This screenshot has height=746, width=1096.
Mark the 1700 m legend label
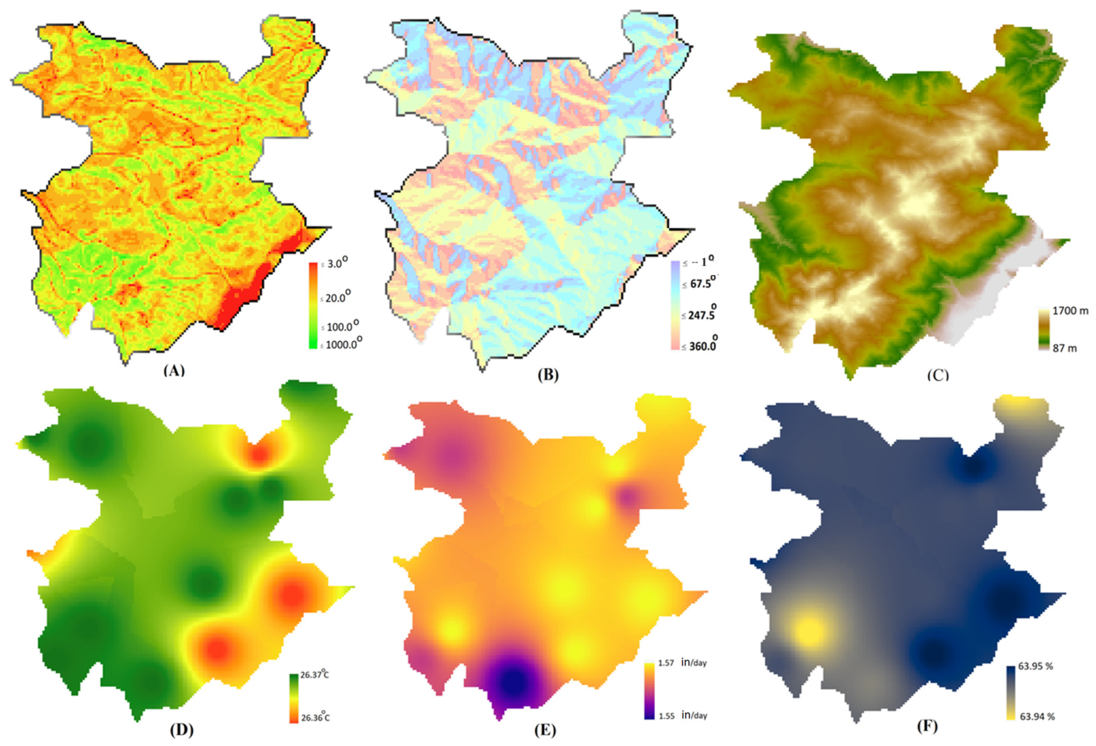(1070, 311)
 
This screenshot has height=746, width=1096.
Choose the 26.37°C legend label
(314, 675)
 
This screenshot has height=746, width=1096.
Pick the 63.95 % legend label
(1036, 666)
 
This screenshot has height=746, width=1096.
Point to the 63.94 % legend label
(1037, 716)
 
